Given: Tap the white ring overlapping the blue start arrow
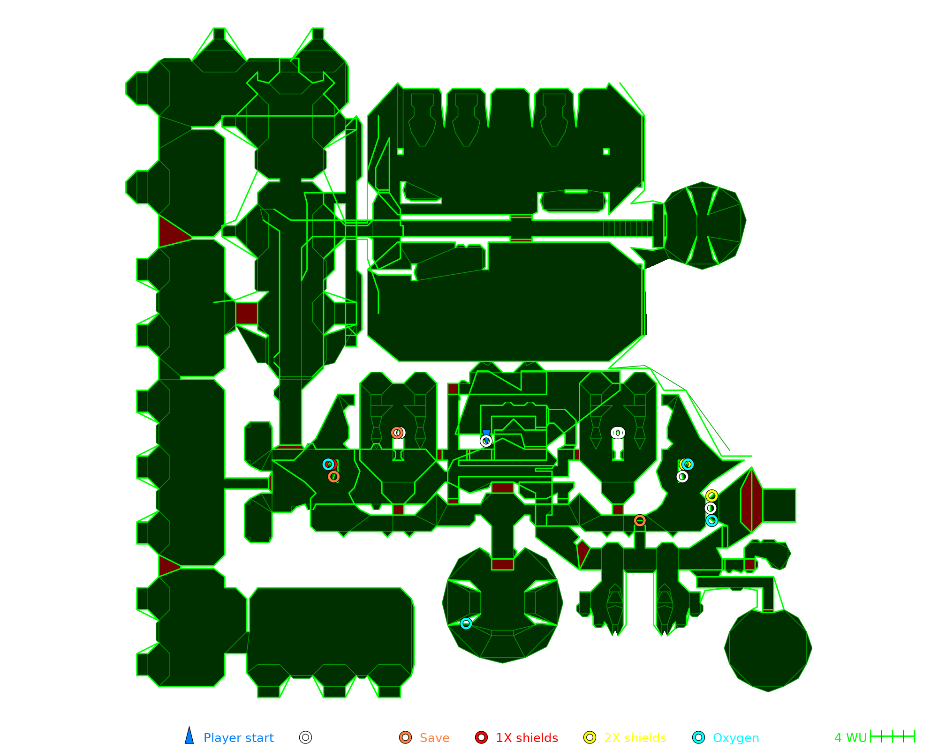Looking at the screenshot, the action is (486, 441).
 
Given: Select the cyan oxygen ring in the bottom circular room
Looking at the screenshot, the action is (466, 623).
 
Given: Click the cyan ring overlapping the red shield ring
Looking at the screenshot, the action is (328, 465).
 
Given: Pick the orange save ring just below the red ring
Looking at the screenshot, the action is (333, 477).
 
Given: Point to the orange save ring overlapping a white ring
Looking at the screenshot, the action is (396, 433).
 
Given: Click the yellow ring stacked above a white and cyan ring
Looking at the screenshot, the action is (711, 496).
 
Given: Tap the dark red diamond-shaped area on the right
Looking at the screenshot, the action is (752, 500).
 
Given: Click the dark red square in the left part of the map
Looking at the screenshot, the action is (246, 314).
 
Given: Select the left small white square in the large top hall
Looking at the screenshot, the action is (400, 151).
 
